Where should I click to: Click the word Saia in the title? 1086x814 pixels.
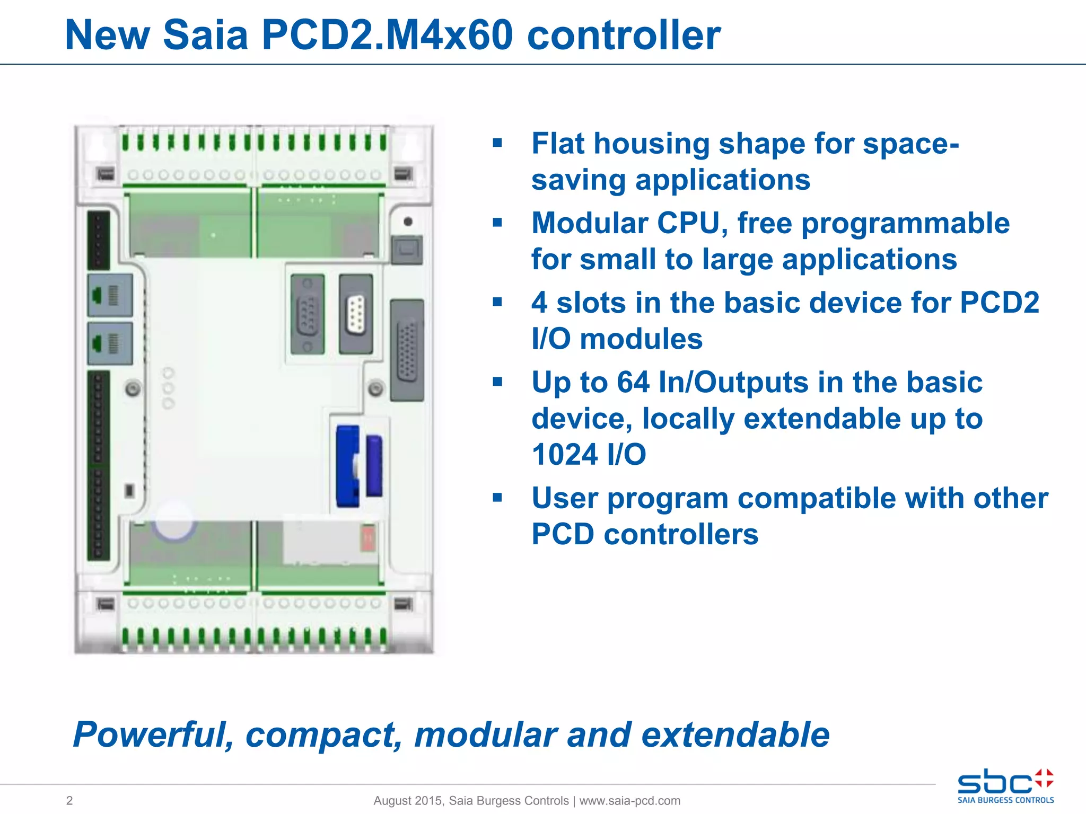tap(205, 36)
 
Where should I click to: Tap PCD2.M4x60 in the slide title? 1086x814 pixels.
tap(387, 36)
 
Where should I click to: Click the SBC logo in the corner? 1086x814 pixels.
tap(1005, 786)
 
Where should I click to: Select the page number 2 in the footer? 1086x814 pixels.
tap(69, 800)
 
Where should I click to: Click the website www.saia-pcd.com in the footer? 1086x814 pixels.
tap(629, 800)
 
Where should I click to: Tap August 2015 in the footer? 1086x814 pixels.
tap(407, 800)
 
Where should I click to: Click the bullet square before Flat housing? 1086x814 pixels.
tap(497, 143)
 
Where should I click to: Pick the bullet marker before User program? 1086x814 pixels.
tap(497, 498)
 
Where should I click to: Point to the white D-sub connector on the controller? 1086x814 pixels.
tap(356, 314)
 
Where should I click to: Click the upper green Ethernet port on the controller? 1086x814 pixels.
tap(109, 295)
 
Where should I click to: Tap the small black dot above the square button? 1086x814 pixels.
tap(408, 222)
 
